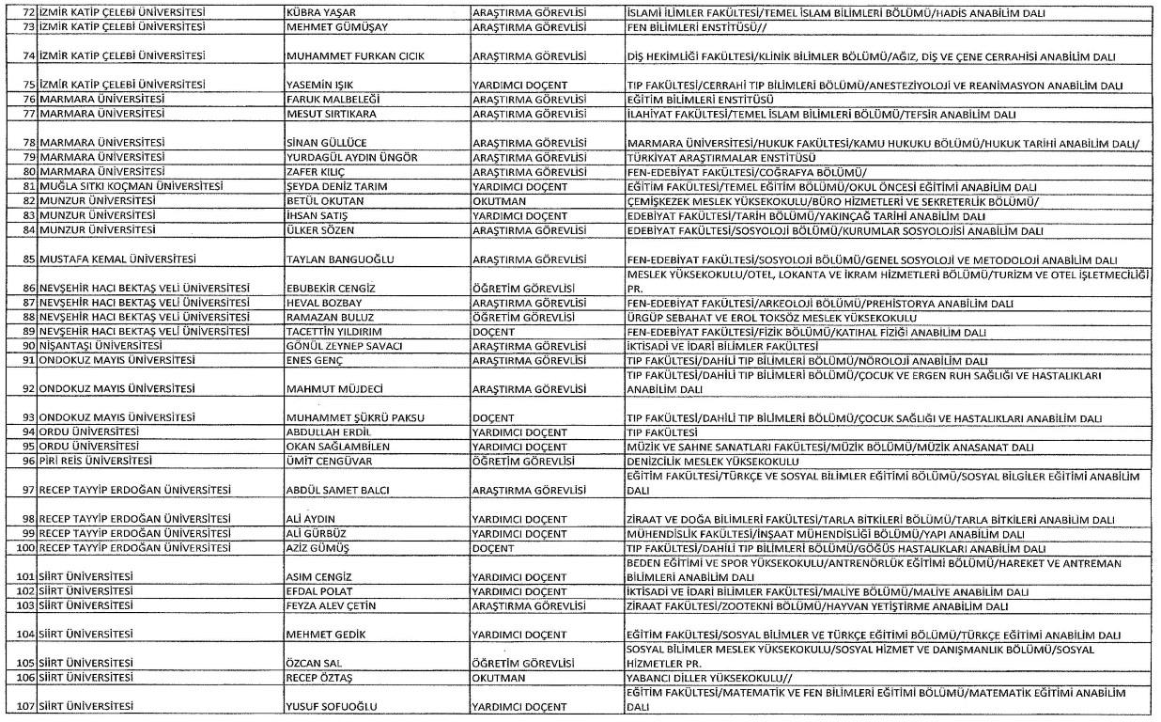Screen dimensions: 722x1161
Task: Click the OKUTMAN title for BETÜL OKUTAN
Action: click(x=498, y=201)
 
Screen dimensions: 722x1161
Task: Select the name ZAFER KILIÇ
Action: click(x=317, y=172)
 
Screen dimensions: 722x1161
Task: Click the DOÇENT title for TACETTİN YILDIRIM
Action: click(x=495, y=332)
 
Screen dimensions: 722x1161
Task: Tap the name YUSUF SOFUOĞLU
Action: click(x=328, y=704)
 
